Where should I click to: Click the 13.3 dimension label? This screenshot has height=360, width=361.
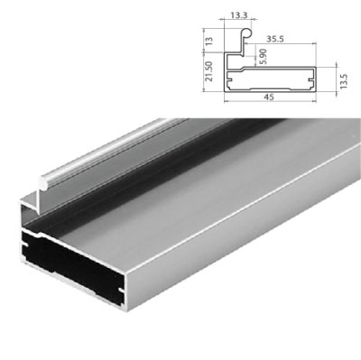point(239,15)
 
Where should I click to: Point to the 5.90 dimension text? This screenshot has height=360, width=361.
point(262,56)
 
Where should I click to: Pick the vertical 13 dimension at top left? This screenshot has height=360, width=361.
point(209,41)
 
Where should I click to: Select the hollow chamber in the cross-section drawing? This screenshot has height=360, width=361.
point(271,78)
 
